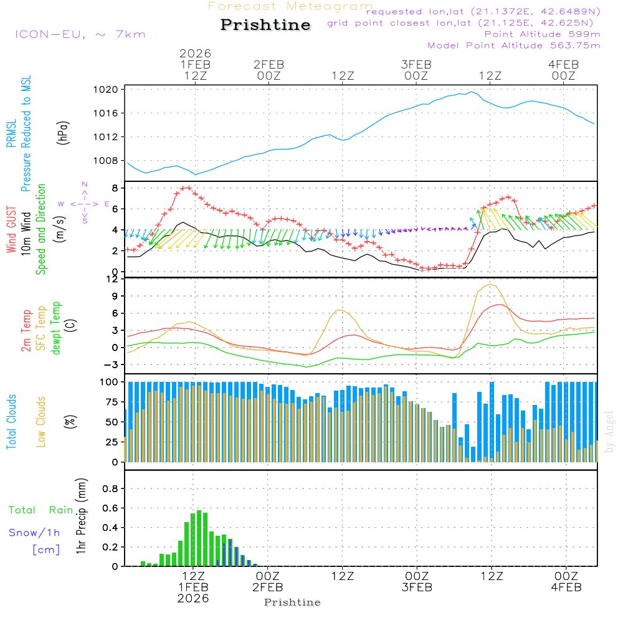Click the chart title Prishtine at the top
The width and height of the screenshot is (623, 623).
tap(265, 25)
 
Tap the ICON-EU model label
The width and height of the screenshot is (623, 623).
tap(80, 34)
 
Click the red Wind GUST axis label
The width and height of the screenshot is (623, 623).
tap(12, 231)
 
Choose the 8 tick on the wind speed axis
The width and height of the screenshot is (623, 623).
tap(115, 188)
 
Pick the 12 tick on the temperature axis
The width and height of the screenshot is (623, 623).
tap(113, 278)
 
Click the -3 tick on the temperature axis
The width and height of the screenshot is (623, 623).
tap(113, 364)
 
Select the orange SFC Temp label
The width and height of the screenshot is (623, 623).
tap(41, 328)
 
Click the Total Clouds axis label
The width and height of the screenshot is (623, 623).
tap(12, 421)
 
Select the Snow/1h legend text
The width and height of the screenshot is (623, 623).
tap(34, 533)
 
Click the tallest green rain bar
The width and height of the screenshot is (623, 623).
tap(199, 538)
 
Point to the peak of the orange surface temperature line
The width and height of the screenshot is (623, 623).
tap(491, 285)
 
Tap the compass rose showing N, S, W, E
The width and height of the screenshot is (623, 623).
tap(85, 203)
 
